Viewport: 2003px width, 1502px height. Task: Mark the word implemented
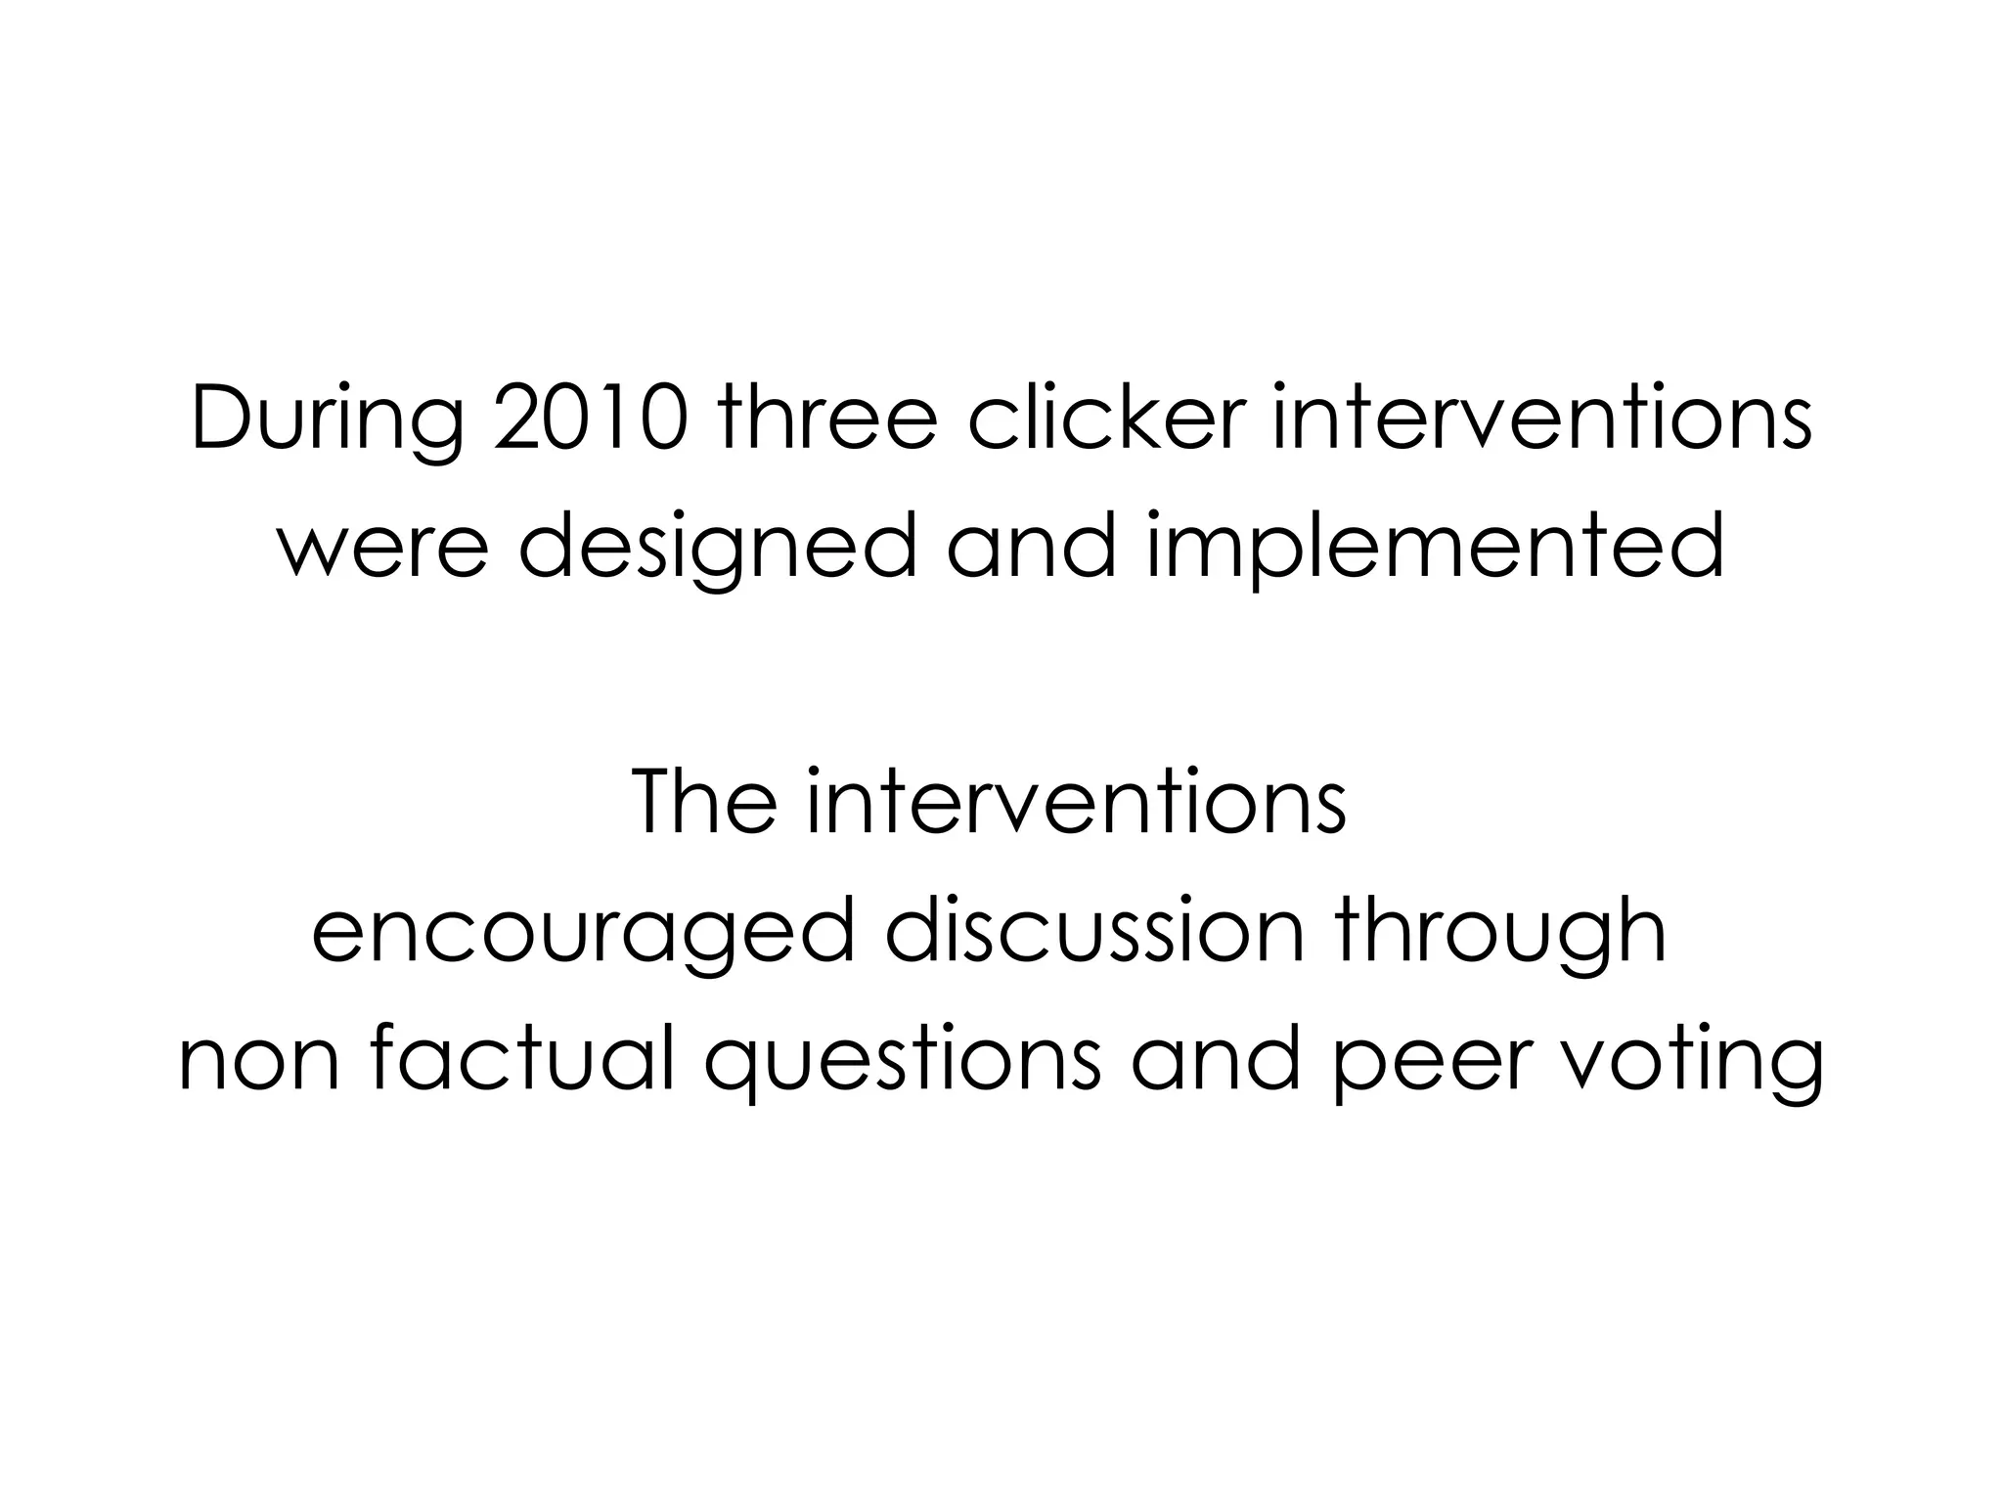coord(1435,548)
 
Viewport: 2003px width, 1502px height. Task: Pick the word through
coord(1501,935)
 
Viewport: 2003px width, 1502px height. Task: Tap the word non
coord(258,1062)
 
